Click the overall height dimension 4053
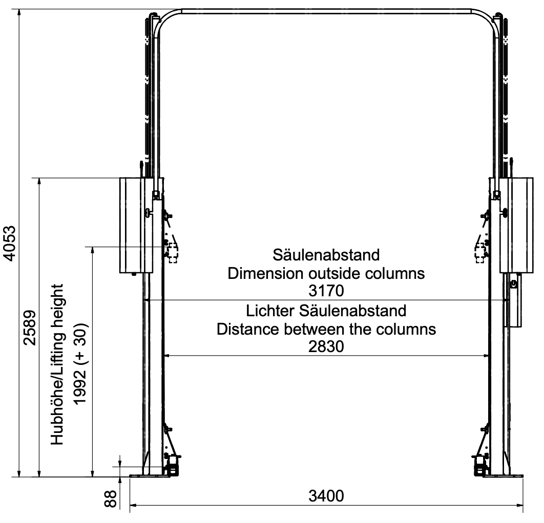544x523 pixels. [9, 243]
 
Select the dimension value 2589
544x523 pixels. [30, 328]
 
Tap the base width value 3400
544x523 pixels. [326, 496]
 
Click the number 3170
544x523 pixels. [326, 291]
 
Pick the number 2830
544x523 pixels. [326, 346]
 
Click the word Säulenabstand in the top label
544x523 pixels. [326, 255]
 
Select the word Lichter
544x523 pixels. [270, 311]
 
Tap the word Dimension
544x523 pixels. [265, 273]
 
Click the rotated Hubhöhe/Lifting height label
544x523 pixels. [57, 364]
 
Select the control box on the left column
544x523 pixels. [136, 225]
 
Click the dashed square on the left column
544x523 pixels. [173, 253]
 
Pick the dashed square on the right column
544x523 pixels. [480, 253]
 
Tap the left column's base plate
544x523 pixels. [150, 476]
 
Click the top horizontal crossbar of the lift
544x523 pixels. [326, 11]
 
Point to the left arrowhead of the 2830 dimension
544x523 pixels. [166, 356]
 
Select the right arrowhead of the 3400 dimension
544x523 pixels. [520, 505]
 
